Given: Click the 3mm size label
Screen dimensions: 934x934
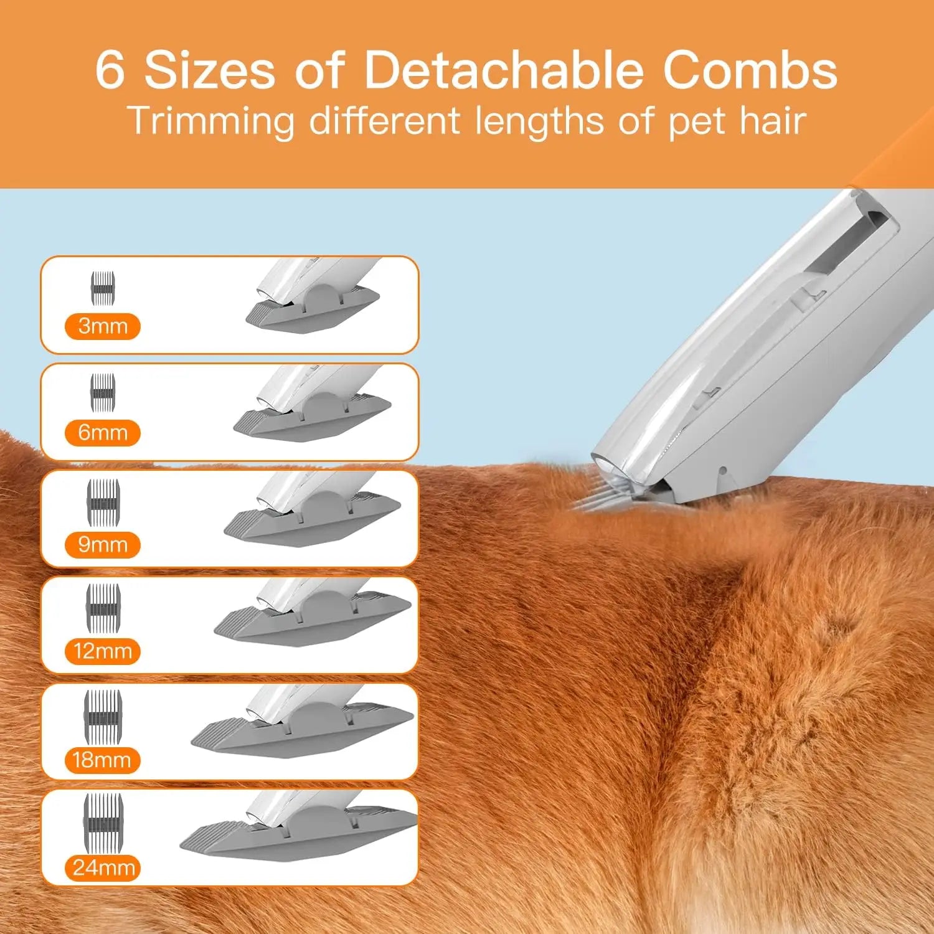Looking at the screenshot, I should point(103,326).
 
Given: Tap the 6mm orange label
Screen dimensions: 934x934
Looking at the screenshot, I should point(103,433).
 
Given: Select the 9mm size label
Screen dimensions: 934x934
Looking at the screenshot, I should point(103,545).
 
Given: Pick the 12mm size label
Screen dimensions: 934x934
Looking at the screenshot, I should point(103,651).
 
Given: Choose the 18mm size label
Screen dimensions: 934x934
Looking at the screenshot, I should point(102,760).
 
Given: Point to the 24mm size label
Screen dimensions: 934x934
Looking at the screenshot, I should point(103,867).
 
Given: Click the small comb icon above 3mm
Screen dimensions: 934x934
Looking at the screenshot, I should point(103,288).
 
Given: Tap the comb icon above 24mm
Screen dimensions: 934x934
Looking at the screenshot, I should point(103,814).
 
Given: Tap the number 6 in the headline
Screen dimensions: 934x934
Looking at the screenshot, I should point(110,70).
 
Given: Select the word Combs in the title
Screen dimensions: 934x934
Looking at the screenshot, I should point(750,70).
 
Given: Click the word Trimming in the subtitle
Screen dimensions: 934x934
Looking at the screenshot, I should point(210,121).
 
